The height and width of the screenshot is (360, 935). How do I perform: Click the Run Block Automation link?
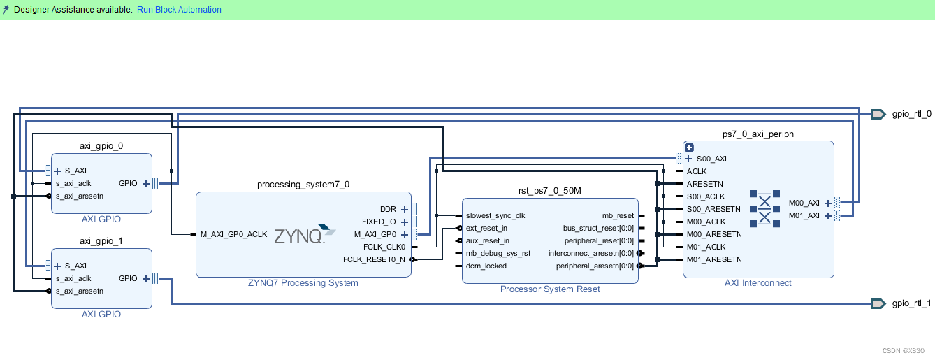(179, 10)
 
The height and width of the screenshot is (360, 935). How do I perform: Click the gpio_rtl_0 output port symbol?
(878, 114)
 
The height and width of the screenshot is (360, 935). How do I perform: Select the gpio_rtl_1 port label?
(911, 303)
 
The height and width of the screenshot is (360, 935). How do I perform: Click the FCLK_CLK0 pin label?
(384, 247)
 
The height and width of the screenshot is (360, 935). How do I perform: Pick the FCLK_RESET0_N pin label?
(374, 259)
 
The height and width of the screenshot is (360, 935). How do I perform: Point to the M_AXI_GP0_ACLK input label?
(233, 234)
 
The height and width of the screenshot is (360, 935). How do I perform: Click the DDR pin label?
(388, 209)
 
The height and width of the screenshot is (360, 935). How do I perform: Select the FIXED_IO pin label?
(378, 222)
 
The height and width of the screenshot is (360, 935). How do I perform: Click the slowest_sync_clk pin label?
(495, 215)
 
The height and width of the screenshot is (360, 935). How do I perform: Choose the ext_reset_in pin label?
(486, 228)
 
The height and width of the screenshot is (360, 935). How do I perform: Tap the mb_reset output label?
(618, 215)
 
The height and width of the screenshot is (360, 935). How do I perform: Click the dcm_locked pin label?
(486, 266)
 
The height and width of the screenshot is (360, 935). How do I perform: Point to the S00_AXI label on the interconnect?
(711, 159)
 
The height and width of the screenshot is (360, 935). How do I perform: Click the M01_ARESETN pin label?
(714, 259)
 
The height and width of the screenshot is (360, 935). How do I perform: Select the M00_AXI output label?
(804, 203)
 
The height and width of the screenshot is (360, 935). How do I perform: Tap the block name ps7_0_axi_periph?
(758, 134)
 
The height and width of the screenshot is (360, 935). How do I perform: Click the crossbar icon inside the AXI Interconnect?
(764, 208)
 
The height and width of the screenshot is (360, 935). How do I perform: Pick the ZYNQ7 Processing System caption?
(303, 283)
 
